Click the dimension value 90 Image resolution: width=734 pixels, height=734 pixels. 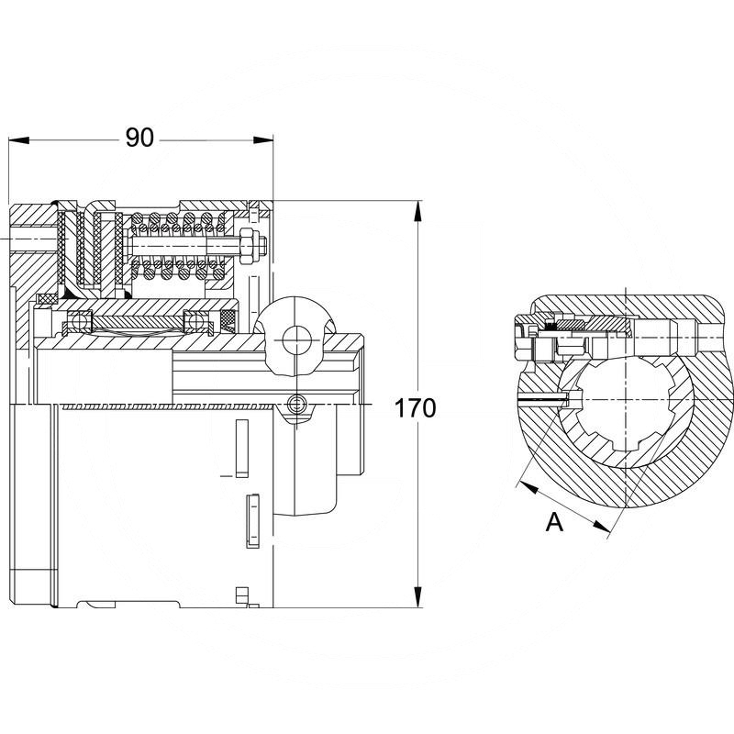tap(139, 139)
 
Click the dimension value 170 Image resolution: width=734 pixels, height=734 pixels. tap(416, 407)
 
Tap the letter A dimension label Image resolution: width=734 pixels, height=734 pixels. tap(553, 522)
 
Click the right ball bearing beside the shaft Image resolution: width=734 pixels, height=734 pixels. tap(195, 321)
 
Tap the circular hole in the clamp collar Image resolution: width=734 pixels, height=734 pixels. tap(296, 341)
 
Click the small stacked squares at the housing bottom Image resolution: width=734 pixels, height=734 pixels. tap(242, 595)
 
